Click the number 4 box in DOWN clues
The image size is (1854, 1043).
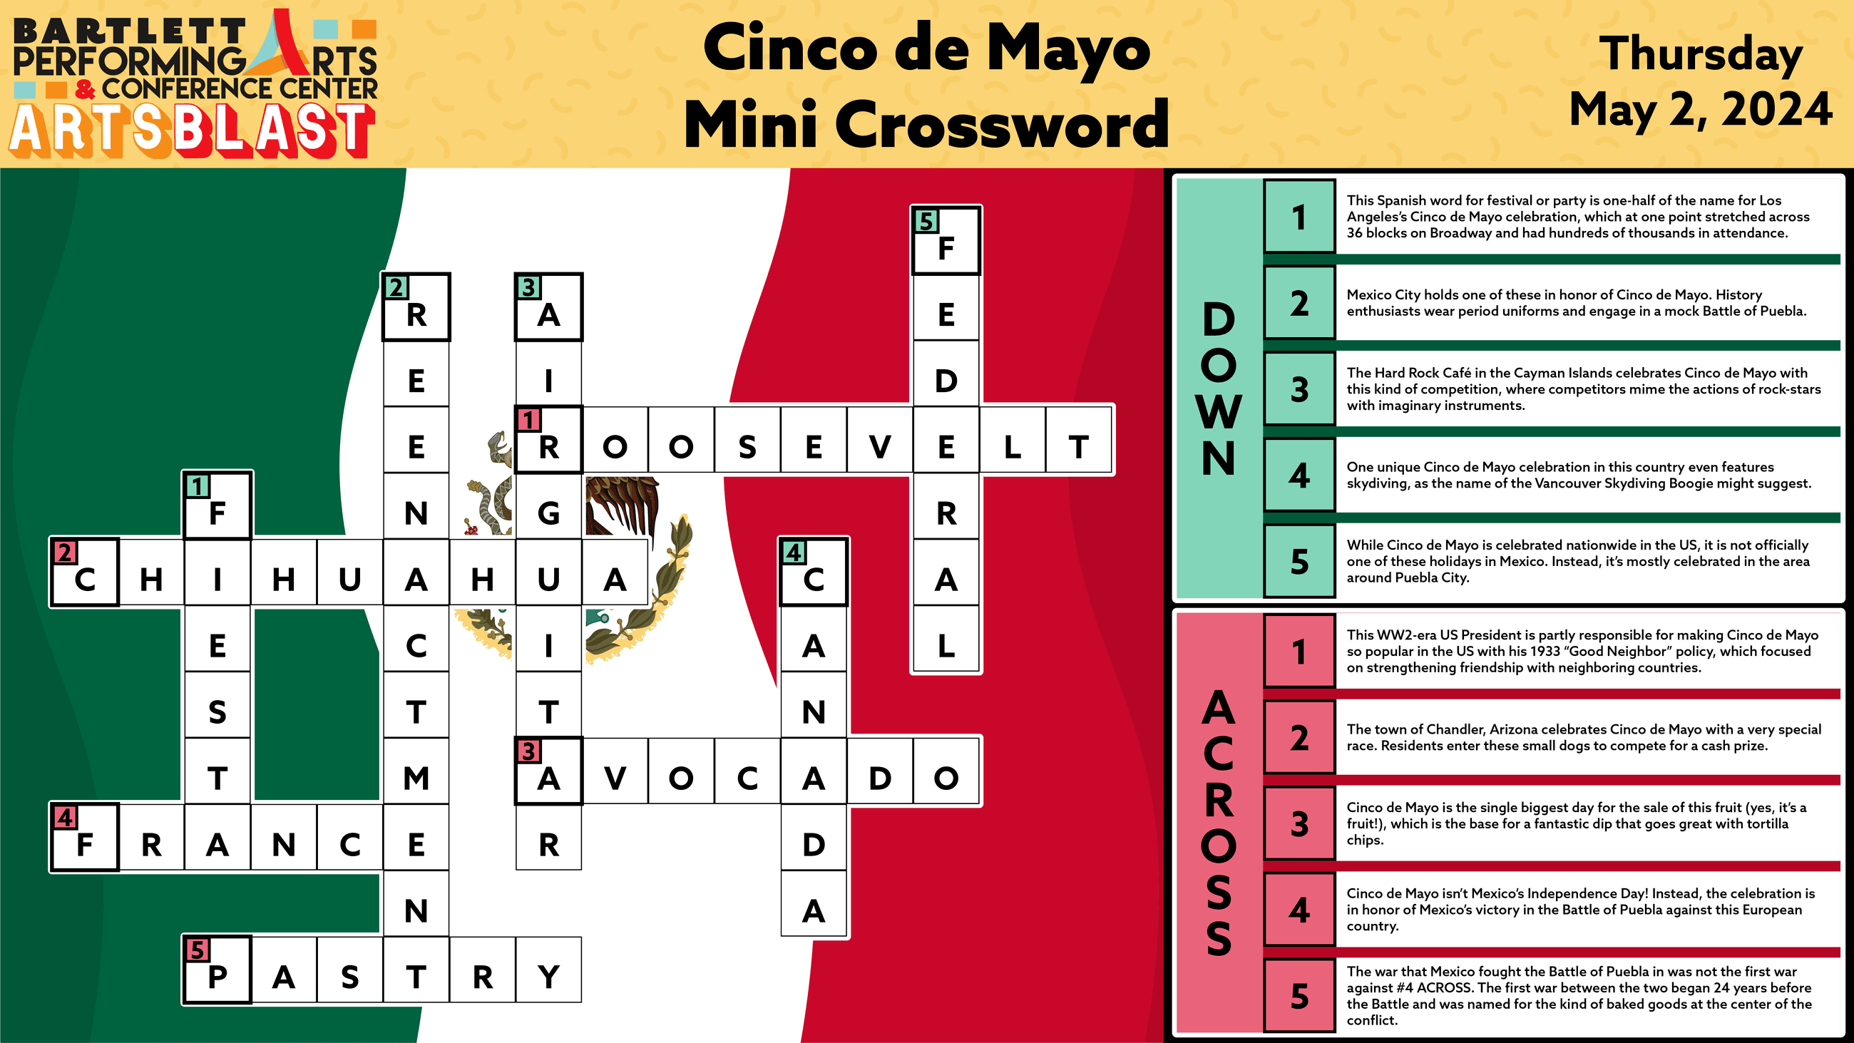1299,476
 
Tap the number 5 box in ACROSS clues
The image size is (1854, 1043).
1299,996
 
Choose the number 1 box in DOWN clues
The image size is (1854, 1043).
1299,217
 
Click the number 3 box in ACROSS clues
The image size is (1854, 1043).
1299,823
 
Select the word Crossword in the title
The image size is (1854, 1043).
1001,125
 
